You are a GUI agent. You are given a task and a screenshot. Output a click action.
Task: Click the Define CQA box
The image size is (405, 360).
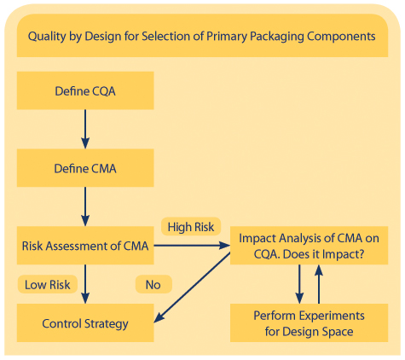(x=85, y=90)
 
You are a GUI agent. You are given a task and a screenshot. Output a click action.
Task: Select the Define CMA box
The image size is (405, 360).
(x=85, y=169)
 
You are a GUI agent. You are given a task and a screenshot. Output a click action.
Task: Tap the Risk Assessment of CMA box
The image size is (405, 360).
(x=85, y=247)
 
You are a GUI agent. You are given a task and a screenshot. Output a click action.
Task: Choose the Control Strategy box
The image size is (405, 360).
(x=85, y=324)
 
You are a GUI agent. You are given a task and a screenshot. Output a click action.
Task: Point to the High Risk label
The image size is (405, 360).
(x=191, y=227)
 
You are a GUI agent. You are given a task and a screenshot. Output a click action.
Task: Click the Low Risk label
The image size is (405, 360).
(x=48, y=283)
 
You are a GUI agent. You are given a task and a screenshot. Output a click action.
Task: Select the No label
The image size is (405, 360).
(x=153, y=284)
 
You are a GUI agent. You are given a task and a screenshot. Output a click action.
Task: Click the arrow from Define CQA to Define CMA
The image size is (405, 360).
(x=85, y=129)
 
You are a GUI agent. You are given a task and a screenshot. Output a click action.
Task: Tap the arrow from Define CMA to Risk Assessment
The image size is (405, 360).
(x=85, y=207)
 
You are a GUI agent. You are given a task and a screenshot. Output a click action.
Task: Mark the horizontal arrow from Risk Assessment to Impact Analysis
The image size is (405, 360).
(x=191, y=247)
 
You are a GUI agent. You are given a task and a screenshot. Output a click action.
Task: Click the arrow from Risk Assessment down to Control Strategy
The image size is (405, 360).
(x=85, y=285)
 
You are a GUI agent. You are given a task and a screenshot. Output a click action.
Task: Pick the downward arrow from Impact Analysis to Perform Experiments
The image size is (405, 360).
(x=299, y=284)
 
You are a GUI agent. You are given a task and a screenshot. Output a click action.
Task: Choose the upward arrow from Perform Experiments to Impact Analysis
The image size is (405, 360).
(x=320, y=284)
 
